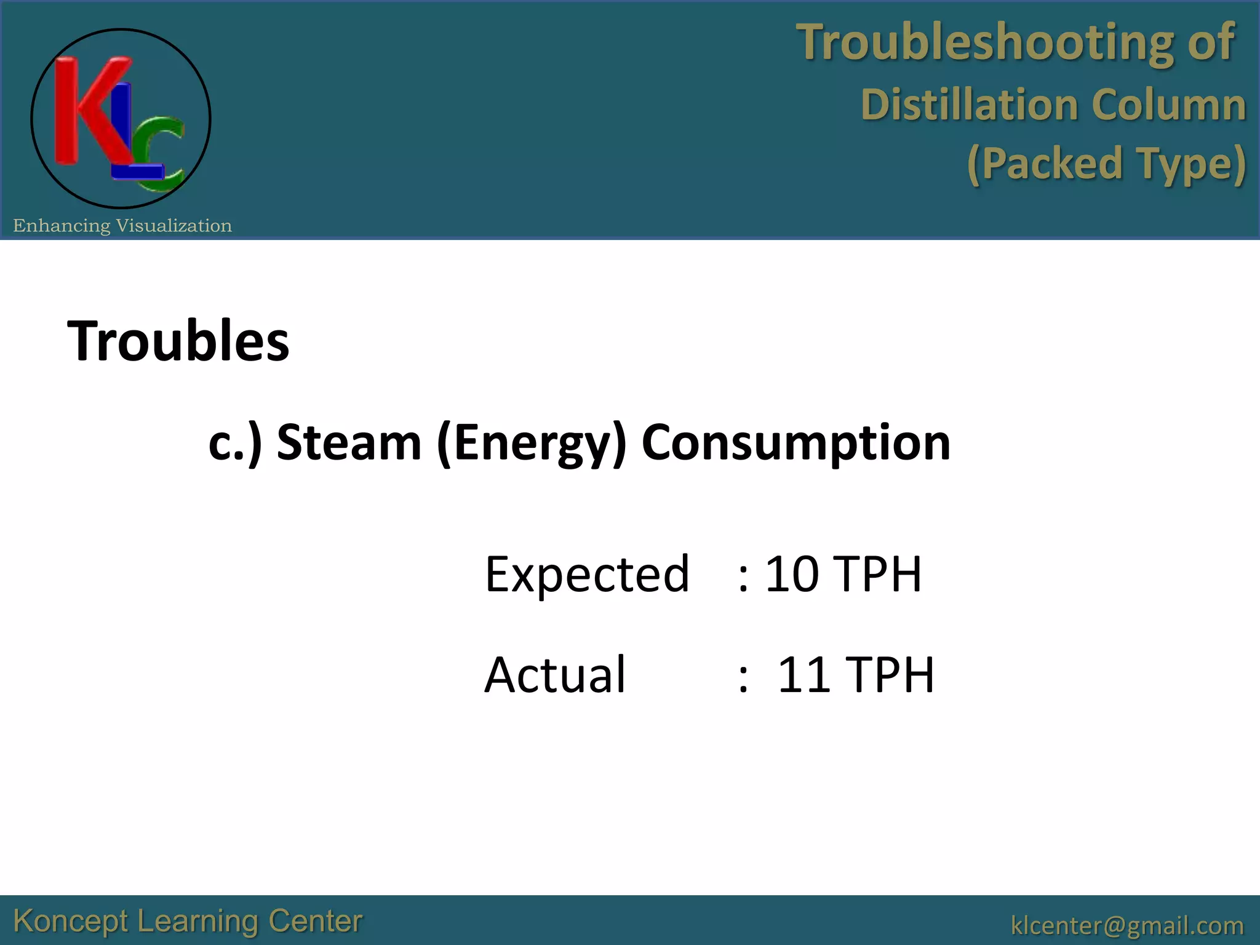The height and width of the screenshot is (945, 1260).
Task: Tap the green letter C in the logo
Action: pyautogui.click(x=164, y=151)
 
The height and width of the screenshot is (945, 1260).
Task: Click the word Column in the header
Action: pyautogui.click(x=1168, y=105)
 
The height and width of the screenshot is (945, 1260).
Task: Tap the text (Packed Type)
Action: pyautogui.click(x=1106, y=164)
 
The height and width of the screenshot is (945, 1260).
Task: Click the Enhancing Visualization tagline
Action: pyautogui.click(x=122, y=226)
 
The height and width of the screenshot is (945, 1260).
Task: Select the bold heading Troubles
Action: pyautogui.click(x=178, y=341)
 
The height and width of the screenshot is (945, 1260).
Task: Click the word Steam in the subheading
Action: pyautogui.click(x=349, y=442)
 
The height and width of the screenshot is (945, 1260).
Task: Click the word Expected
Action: pyautogui.click(x=587, y=575)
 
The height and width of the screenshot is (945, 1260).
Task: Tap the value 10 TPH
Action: pyautogui.click(x=843, y=575)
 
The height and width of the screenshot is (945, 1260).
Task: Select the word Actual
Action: pyautogui.click(x=555, y=675)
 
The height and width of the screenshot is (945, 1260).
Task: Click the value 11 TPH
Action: pyautogui.click(x=855, y=675)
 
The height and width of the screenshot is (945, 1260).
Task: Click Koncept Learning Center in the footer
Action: pyautogui.click(x=188, y=922)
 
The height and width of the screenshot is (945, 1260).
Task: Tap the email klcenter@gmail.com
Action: pyautogui.click(x=1127, y=925)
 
